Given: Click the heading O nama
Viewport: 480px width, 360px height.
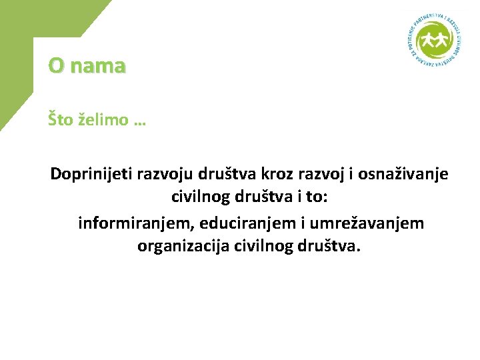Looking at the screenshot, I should click(x=87, y=66).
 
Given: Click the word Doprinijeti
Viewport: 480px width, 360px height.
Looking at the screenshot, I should click(x=91, y=175).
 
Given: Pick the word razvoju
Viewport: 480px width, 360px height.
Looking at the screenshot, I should click(x=164, y=175).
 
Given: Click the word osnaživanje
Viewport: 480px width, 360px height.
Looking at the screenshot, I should click(x=404, y=175).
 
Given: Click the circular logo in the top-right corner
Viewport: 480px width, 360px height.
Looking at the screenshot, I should click(x=435, y=42).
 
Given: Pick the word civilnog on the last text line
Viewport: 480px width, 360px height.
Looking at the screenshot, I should click(x=258, y=246).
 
